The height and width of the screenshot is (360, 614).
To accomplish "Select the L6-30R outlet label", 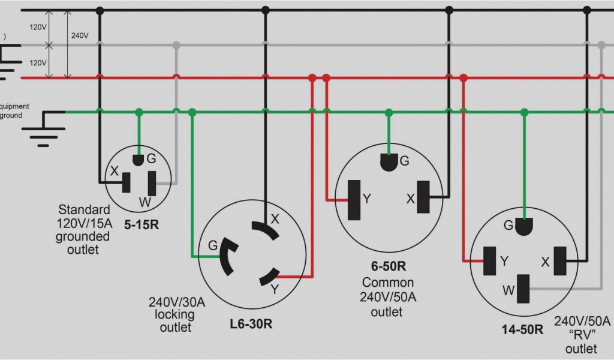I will click(251, 323).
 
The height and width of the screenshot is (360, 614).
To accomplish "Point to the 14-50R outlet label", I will click(522, 329).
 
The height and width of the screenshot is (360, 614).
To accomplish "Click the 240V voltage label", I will click(80, 35).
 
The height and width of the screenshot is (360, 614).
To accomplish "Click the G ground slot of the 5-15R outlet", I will click(139, 160).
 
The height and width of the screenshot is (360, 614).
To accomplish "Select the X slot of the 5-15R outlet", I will click(127, 182).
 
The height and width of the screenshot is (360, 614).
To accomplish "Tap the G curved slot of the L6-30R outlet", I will click(227, 256).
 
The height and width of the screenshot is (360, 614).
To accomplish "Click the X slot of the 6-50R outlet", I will click(424, 197).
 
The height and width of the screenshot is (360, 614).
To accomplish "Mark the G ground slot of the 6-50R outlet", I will click(389, 162).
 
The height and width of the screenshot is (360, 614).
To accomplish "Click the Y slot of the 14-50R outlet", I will click(490, 261).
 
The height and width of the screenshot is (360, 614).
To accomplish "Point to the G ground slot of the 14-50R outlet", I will click(525, 227).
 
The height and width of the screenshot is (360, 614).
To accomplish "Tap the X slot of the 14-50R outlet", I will click(560, 260).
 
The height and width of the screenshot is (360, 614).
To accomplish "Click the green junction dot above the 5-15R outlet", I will click(139, 112).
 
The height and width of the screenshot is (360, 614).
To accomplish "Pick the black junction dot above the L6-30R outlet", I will click(265, 10).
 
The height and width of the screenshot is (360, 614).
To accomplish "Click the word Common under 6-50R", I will click(387, 283).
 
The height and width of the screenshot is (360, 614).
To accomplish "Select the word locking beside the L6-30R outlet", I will click(176, 314).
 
